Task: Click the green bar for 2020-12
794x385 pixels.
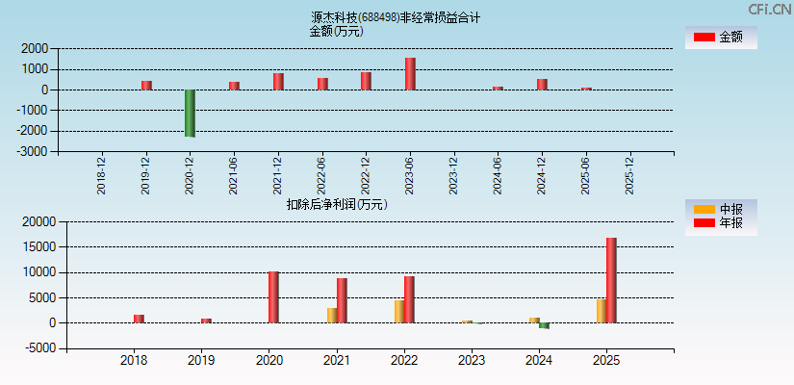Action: [190, 113]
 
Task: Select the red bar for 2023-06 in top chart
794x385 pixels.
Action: [410, 74]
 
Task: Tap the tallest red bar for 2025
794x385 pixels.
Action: [611, 280]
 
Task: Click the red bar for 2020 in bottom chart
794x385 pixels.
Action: [273, 297]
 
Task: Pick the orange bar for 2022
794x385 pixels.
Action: [398, 312]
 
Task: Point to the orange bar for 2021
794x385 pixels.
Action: [331, 316]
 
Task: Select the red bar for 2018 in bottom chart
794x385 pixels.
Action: [139, 319]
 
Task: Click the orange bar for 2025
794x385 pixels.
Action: [601, 311]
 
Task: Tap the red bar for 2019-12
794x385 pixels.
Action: [146, 85]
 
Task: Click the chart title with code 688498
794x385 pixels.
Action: [396, 17]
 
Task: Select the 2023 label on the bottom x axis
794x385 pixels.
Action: [471, 361]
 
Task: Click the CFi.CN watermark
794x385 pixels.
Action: [769, 9]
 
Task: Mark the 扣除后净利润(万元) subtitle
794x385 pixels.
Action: [336, 204]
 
